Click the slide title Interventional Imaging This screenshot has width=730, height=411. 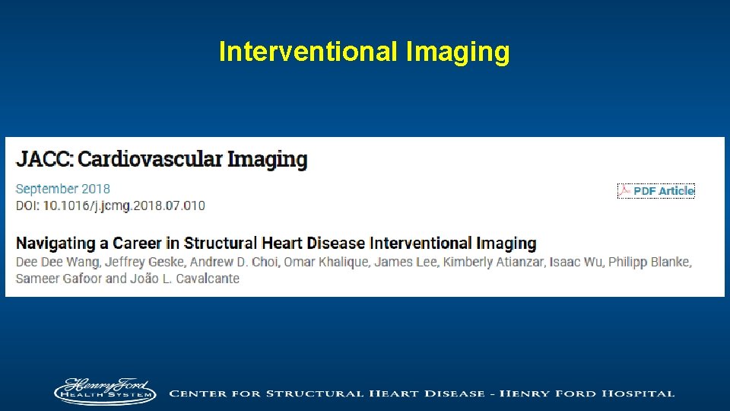pos(364,52)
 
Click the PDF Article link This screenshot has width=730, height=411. pos(663,191)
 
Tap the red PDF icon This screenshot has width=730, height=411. pos(625,190)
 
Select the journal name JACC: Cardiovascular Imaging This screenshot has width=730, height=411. pos(162,160)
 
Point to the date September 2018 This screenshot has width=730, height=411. pos(63,189)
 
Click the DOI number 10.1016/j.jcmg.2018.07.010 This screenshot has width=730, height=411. pos(124,205)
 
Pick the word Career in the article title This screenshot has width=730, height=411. pos(136,244)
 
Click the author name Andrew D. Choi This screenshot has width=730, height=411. pos(234,263)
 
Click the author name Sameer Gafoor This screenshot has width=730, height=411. pos(58,279)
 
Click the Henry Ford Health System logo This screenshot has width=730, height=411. pos(104,392)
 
